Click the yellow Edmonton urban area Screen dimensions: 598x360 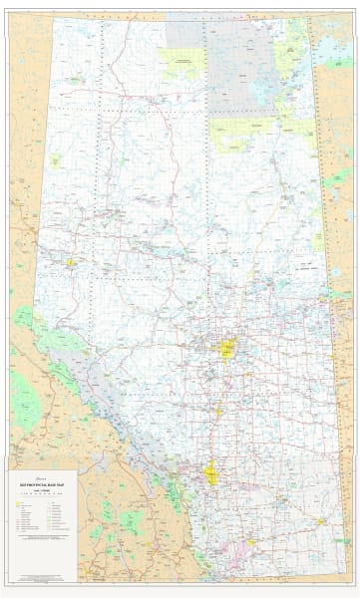click(x=227, y=350)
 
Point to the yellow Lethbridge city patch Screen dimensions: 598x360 click(x=250, y=543)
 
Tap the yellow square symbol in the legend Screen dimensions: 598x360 click(x=17, y=502)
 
